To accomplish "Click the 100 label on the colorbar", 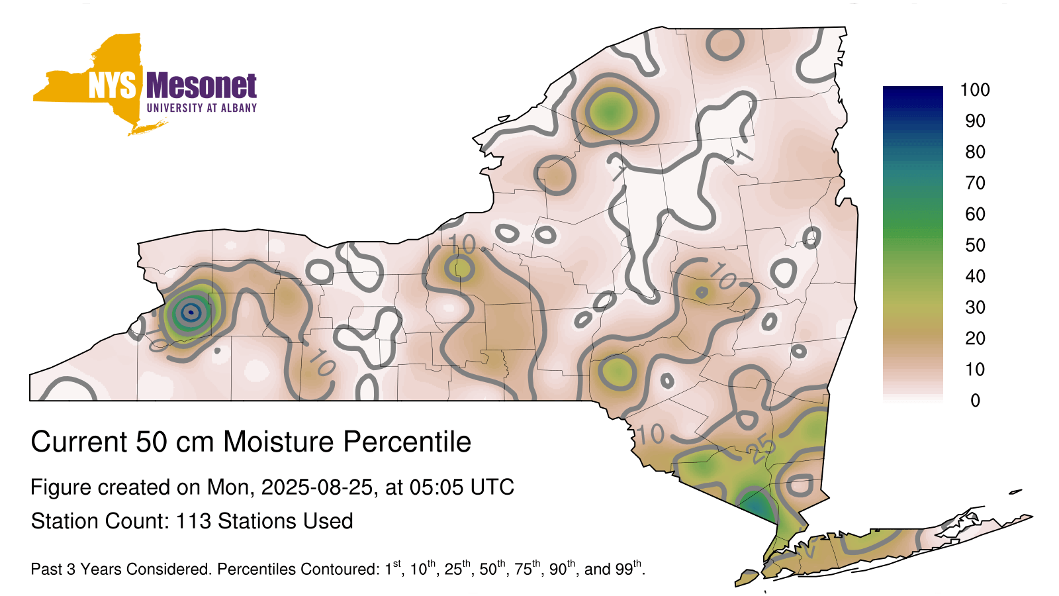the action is [975, 89].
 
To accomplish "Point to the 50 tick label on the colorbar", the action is [975, 245].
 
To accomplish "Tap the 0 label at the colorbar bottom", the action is [975, 401].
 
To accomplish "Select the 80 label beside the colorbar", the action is [975, 152].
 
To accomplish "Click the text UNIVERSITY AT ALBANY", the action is [202, 108].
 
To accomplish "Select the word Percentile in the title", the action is [407, 442].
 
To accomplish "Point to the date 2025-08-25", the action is [317, 487].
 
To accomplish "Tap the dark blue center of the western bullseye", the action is [191, 312].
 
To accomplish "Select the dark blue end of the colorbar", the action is [913, 93].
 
